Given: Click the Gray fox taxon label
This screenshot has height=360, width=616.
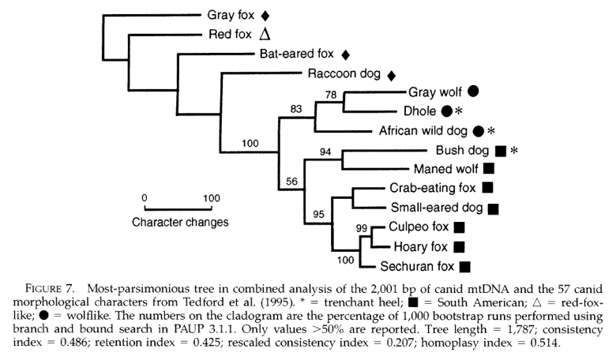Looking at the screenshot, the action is tap(231, 15).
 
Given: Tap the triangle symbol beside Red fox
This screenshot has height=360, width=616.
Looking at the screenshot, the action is tap(265, 34).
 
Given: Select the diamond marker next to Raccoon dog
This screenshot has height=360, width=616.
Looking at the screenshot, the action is tap(391, 75).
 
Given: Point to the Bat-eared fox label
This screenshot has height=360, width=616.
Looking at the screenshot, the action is tap(297, 54).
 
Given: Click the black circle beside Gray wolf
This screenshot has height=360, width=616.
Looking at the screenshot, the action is tap(473, 91).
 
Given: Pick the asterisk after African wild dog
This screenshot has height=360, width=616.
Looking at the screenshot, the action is tap(491, 131).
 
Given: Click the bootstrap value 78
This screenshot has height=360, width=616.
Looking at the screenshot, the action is tap(331, 95).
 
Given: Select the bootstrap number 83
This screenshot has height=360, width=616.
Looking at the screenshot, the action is tap(296, 109).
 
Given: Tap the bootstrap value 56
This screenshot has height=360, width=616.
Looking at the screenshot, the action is tap(291, 182).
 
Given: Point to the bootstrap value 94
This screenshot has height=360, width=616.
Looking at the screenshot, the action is tap(325, 152).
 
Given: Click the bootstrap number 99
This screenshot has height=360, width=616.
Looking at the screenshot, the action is tap(362, 228).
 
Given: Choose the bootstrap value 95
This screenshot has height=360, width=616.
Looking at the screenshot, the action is tap(318, 215).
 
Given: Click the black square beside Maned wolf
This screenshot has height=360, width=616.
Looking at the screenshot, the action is tap(489, 168).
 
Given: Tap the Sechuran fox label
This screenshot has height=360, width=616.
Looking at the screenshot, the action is tap(417, 267).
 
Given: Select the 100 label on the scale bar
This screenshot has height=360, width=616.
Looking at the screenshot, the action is tap(212, 198).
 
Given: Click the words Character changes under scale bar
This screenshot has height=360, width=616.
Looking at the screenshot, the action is tap(180, 222).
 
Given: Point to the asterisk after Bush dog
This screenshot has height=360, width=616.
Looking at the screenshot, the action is tap(514, 150).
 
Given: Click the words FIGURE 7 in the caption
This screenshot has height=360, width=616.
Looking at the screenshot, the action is tap(50, 289).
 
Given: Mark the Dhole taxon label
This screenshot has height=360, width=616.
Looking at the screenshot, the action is tap(419, 111).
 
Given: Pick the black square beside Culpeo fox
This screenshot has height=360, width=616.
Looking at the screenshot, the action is tap(460, 227).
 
